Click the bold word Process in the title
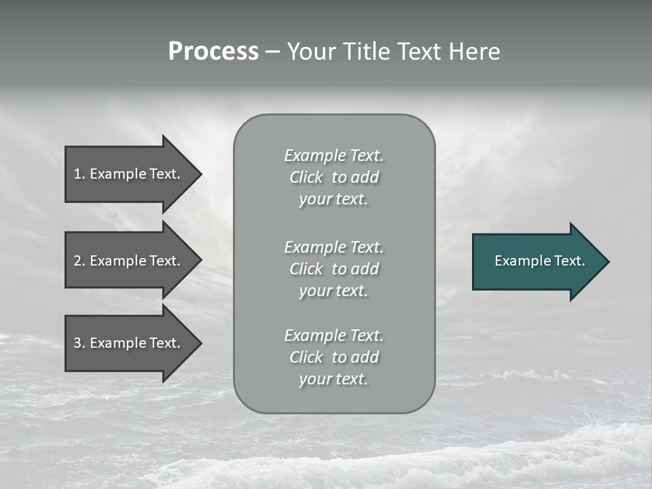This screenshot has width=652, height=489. [x=213, y=52]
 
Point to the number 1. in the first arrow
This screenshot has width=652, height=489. [x=79, y=174]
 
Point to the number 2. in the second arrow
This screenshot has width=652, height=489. [x=79, y=261]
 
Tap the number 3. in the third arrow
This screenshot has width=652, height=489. [x=79, y=343]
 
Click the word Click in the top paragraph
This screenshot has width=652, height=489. [x=306, y=177]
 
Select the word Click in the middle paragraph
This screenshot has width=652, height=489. [x=306, y=269]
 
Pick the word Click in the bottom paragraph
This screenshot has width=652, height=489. [x=306, y=357]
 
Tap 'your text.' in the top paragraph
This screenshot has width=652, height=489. [x=333, y=200]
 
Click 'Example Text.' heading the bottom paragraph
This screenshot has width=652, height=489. [x=333, y=336]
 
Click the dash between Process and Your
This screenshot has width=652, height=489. [x=273, y=52]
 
